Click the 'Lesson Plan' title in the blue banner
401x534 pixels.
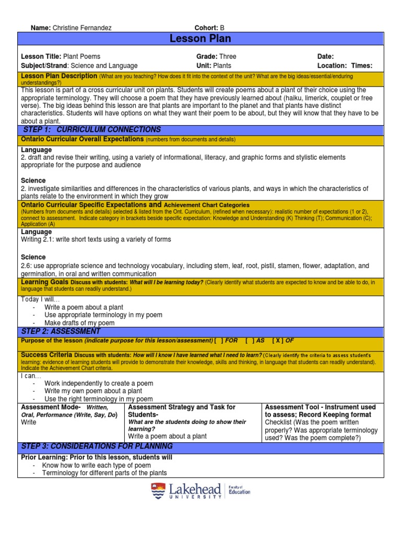coord(200,39)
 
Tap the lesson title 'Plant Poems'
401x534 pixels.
coord(82,56)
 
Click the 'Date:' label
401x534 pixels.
coord(325,56)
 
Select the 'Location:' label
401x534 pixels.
coord(332,66)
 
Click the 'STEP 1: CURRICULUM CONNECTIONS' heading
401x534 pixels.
coord(91,129)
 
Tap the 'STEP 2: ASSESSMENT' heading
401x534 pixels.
coord(61,331)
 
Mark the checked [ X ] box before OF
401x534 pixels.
coord(278,341)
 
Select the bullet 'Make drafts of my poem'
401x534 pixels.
coord(79,323)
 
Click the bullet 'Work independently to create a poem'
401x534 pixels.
coord(99,383)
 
